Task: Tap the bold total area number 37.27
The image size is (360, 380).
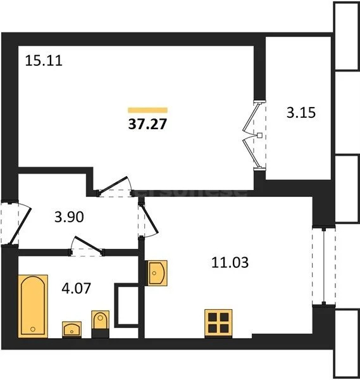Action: click(147, 123)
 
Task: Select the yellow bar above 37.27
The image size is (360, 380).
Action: click(147, 110)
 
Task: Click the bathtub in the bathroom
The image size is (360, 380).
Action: click(32, 305)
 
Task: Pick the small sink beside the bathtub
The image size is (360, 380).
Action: click(71, 328)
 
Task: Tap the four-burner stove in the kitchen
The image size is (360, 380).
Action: click(218, 323)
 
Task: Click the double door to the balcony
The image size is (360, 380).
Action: click(256, 135)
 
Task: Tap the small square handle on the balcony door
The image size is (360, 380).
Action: click(260, 135)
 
